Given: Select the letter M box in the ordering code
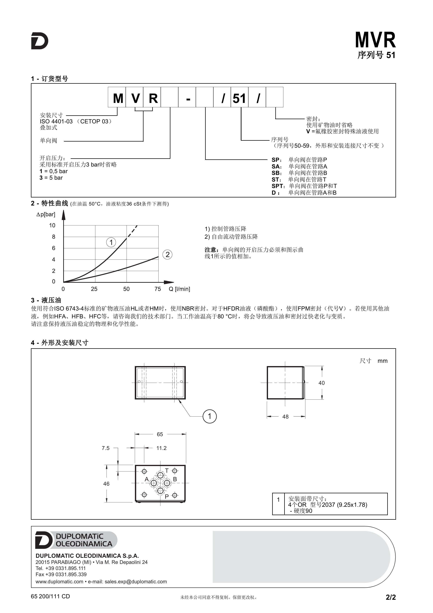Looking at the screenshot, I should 118,98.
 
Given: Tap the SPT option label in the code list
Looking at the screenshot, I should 278,186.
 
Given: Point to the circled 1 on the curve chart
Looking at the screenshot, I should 111,242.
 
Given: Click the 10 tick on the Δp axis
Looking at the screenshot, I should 52,225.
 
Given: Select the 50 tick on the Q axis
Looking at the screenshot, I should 126,289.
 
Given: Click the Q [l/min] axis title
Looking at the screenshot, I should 179,289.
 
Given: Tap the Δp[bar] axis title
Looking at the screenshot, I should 46,214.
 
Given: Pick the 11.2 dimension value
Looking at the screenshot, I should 161,448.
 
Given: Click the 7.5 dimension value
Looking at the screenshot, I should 106,448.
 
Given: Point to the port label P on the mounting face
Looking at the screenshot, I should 167,497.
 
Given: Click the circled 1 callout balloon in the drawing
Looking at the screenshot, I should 210,416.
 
